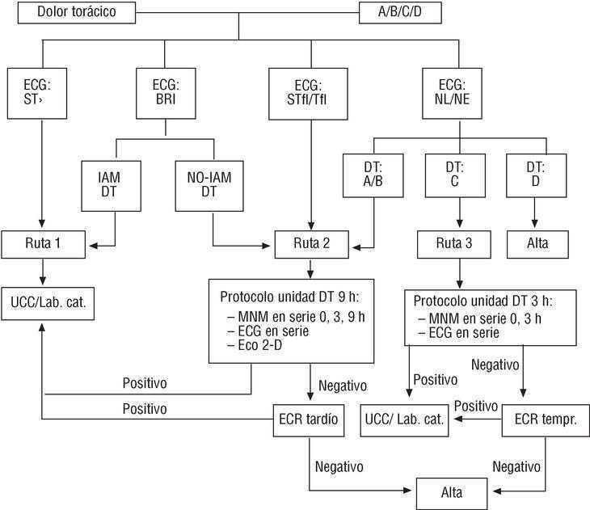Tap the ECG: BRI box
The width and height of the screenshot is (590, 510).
coord(166,94)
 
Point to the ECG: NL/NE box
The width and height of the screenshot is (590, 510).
coord(458,94)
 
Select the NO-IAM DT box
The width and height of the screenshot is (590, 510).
coord(213,183)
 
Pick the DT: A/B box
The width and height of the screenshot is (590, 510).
coord(372,183)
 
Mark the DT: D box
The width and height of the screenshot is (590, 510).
coord(534,183)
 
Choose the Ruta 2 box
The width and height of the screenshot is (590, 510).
coord(310,242)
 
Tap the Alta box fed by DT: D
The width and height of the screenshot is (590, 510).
coord(534,242)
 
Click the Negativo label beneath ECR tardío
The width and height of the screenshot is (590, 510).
coord(339,467)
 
